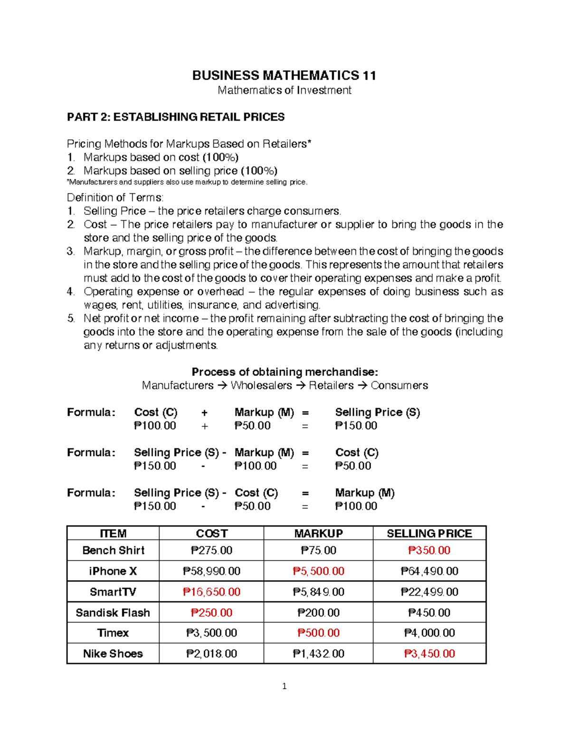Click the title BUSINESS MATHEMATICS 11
click(284, 76)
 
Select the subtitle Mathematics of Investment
click(284, 90)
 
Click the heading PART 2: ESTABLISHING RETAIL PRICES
click(176, 117)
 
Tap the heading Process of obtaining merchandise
click(284, 372)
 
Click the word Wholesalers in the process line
click(261, 385)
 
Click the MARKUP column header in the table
click(318, 533)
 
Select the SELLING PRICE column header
click(429, 533)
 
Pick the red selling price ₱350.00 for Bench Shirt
click(429, 550)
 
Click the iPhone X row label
click(113, 571)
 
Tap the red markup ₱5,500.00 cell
click(318, 571)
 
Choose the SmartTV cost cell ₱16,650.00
click(211, 592)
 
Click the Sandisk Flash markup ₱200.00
click(318, 613)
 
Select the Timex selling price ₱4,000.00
click(429, 633)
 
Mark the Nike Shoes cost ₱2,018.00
click(211, 653)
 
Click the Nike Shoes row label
click(113, 653)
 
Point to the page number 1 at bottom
click(284, 686)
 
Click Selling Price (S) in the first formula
click(377, 412)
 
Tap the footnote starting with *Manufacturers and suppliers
click(187, 182)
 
